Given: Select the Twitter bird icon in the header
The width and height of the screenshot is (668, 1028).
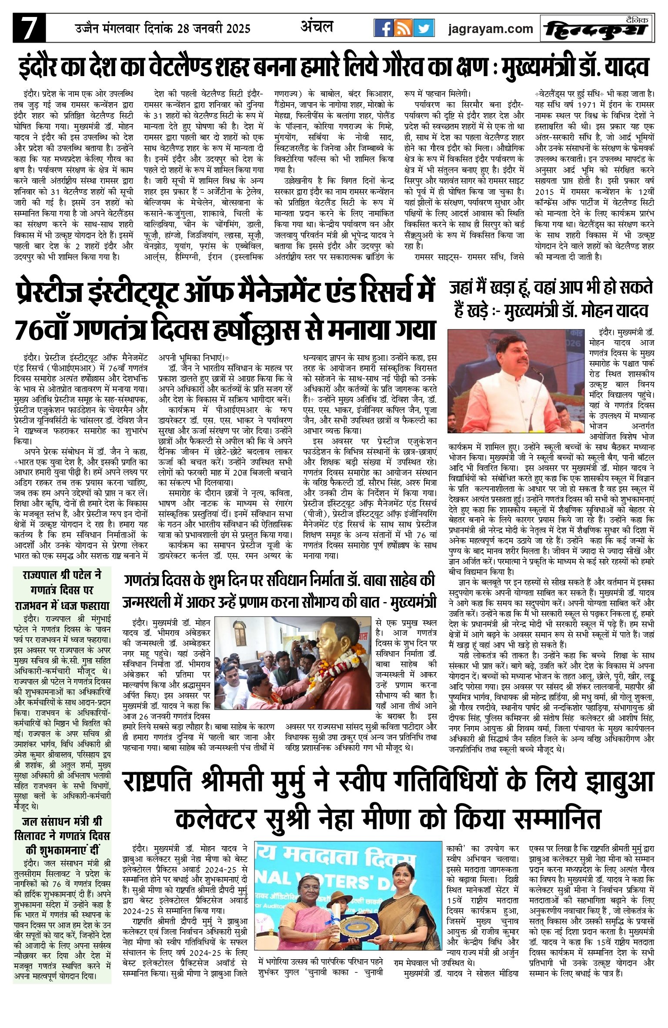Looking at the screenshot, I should click(x=423, y=29).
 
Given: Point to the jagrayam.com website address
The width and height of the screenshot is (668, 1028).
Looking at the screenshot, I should click(x=491, y=29).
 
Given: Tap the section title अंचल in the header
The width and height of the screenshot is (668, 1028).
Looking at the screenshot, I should click(x=317, y=27).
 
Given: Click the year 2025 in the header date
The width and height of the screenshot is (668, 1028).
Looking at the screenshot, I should click(x=237, y=29).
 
